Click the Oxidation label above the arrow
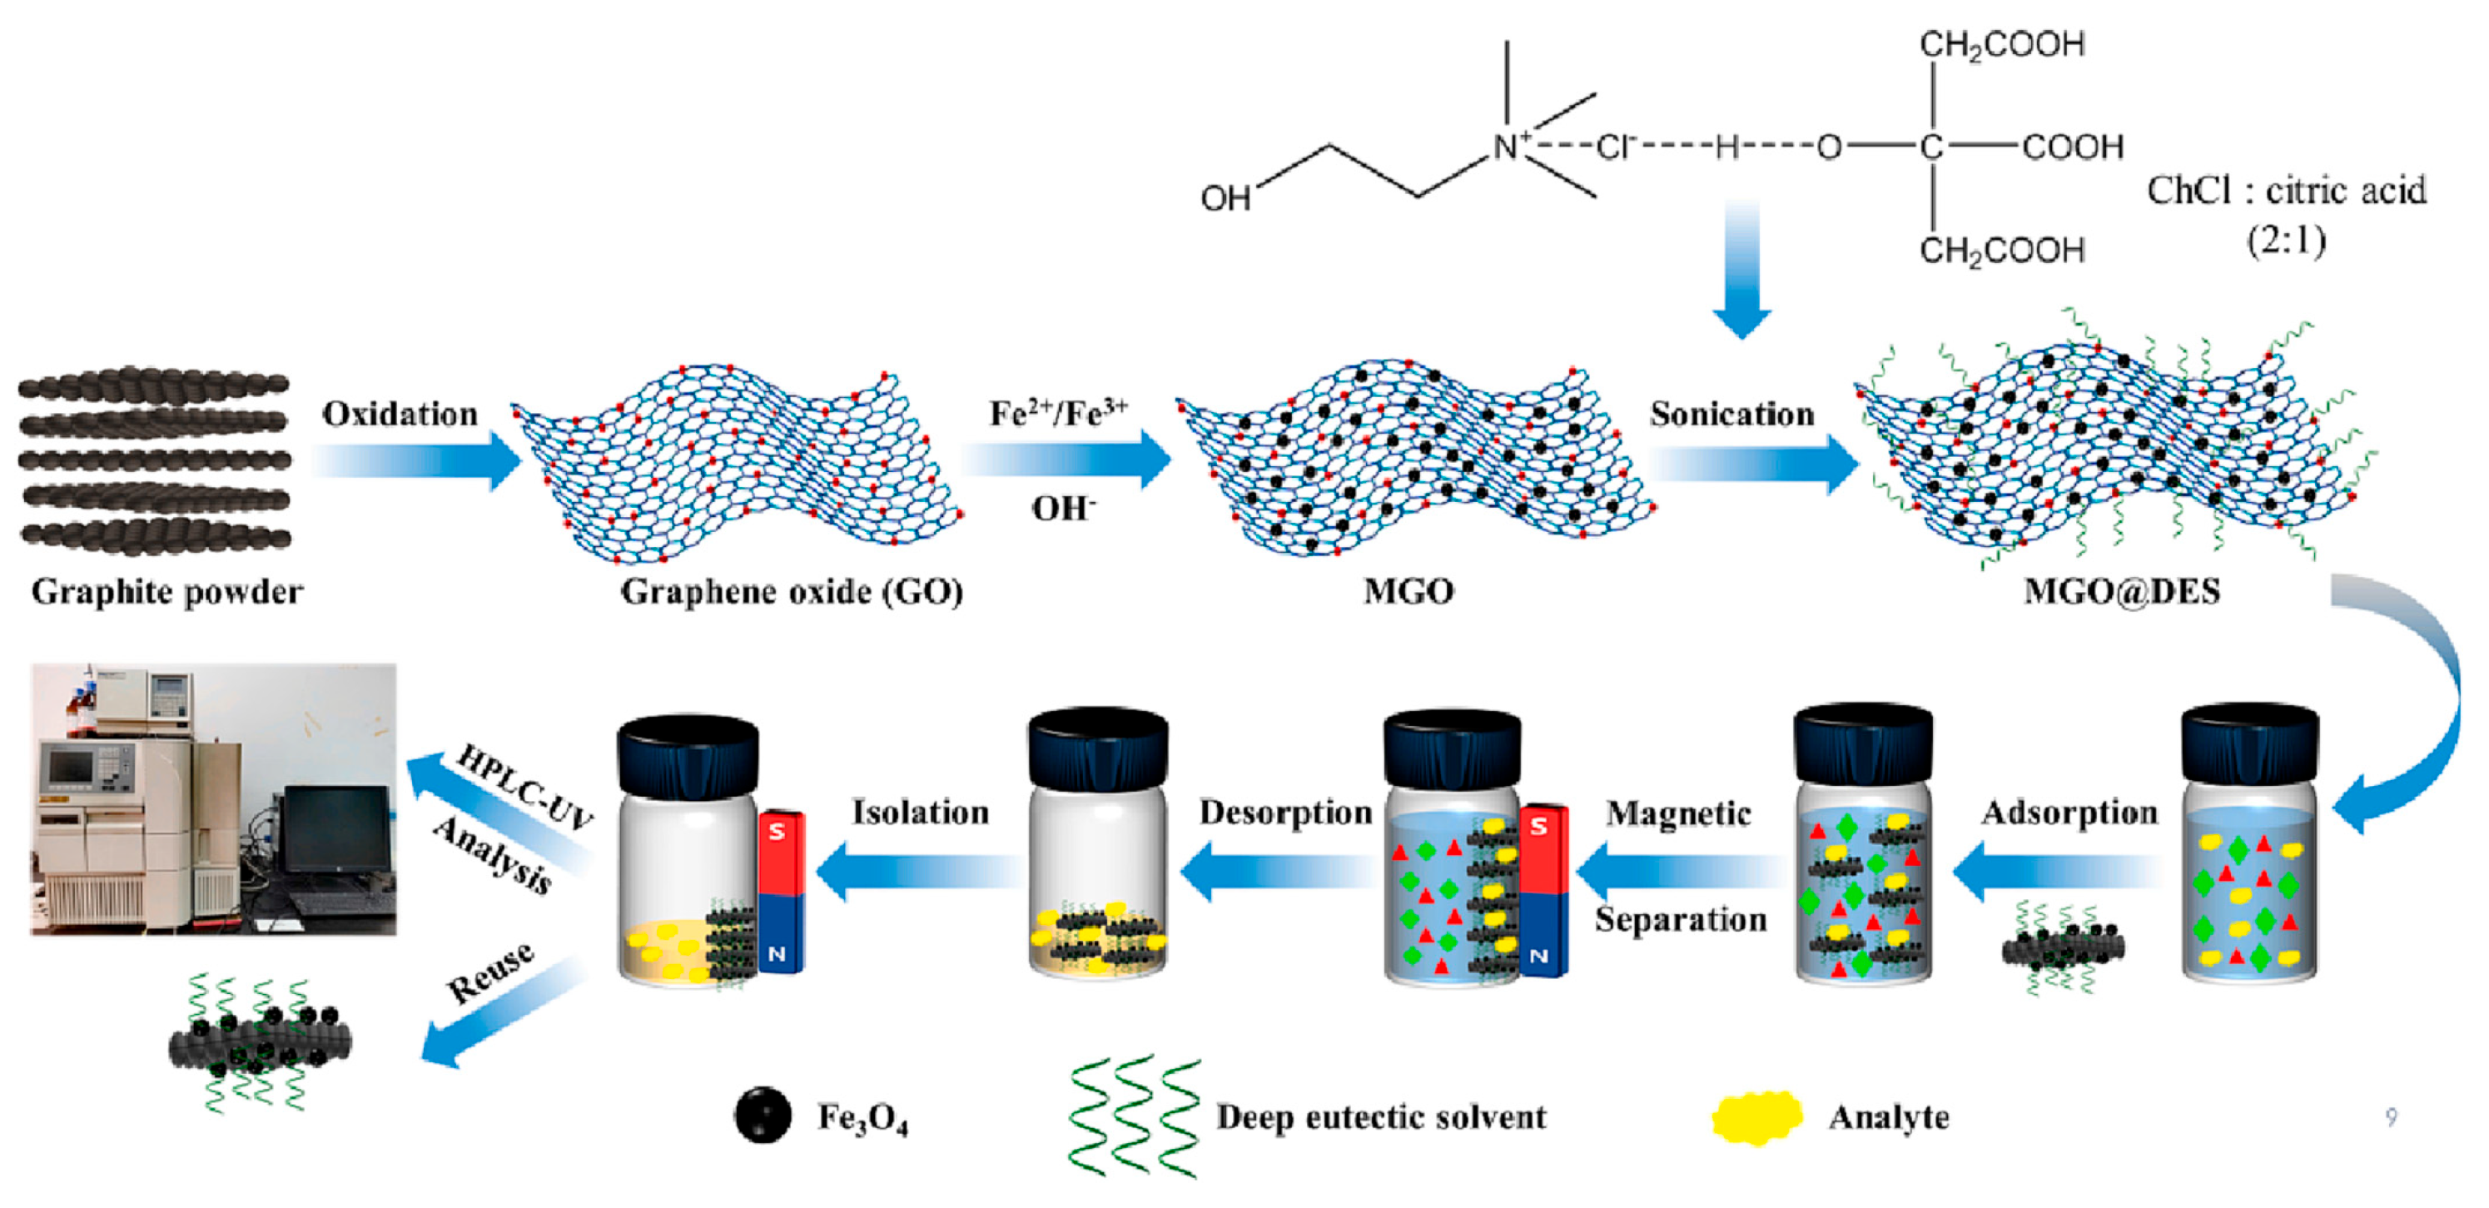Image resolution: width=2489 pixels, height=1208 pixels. (400, 414)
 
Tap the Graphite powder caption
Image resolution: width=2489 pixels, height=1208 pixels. (167, 591)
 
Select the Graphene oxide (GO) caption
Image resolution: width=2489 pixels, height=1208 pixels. (792, 591)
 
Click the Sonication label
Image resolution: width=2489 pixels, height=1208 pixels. (1731, 414)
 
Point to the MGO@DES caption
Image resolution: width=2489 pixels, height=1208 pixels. (2122, 591)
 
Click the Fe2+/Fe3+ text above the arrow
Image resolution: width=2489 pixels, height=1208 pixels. (1058, 414)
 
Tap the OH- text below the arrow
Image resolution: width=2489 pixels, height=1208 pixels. (1063, 509)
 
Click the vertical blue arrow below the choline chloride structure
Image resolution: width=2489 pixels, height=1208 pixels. (1741, 271)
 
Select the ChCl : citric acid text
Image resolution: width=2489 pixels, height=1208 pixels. (2286, 191)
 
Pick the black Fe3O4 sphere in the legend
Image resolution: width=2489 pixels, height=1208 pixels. (763, 1116)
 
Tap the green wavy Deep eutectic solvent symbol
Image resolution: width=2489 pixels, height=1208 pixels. (1135, 1117)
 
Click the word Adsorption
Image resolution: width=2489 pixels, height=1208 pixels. (2069, 813)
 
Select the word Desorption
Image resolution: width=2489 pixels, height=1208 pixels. (1285, 813)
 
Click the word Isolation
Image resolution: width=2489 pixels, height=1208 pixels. (920, 813)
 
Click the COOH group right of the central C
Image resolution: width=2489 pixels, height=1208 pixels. (2073, 147)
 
